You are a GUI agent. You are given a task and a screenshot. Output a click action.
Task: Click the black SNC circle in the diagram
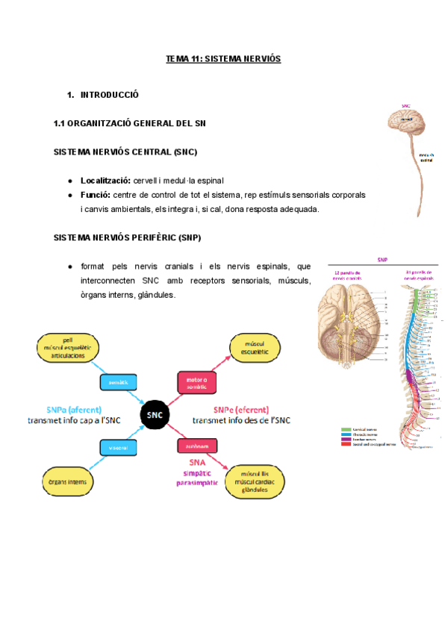(x=155, y=415)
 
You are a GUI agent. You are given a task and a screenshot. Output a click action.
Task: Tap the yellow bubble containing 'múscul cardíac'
(x=255, y=479)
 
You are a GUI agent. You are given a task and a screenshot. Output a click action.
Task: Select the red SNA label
(x=197, y=462)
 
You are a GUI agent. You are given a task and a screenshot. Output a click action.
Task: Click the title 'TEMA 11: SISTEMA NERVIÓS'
(x=223, y=58)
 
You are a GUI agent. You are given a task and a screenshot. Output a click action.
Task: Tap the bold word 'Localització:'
(x=105, y=181)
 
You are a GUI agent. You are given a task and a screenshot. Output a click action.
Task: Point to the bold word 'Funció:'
(x=96, y=195)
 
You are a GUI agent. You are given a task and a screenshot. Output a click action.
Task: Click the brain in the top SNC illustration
(x=406, y=121)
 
